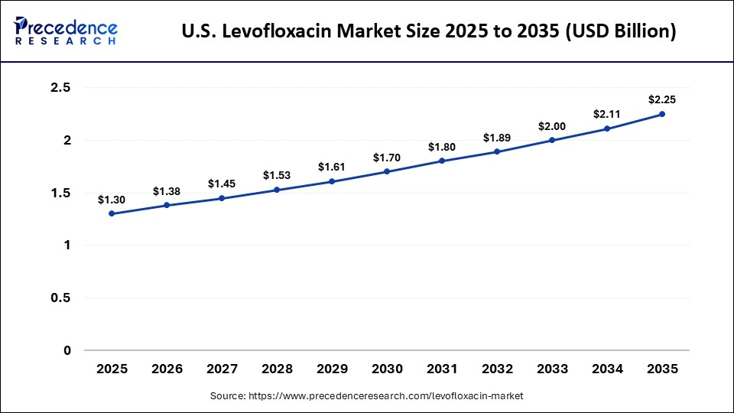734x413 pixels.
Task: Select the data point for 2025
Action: pyautogui.click(x=112, y=213)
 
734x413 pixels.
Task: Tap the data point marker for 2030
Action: pyautogui.click(x=387, y=171)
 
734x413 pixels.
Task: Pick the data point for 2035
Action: pyautogui.click(x=662, y=114)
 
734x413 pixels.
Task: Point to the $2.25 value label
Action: pyautogui.click(x=662, y=99)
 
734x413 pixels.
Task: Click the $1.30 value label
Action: pyautogui.click(x=112, y=200)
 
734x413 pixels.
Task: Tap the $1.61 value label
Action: pyautogui.click(x=332, y=167)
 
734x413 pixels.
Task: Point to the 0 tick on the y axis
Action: pyautogui.click(x=67, y=351)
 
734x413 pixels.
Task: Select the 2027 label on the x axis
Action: pyautogui.click(x=222, y=369)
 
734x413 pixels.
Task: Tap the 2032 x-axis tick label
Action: pyautogui.click(x=497, y=369)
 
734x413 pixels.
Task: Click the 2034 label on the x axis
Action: pyautogui.click(x=607, y=369)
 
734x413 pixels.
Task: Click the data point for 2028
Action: pyautogui.click(x=277, y=190)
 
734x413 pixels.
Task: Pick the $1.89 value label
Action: pyautogui.click(x=497, y=138)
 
